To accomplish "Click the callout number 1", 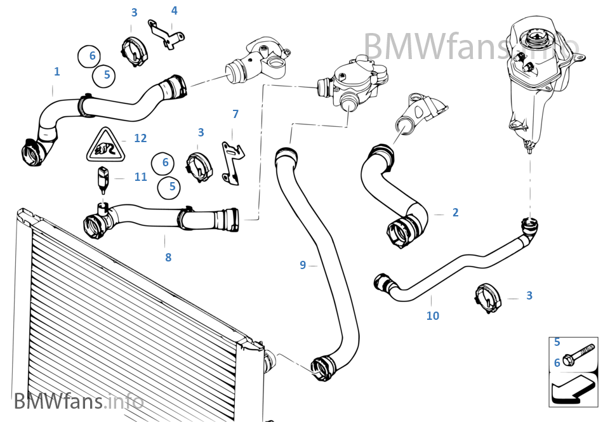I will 56,72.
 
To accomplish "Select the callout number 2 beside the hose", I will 455,213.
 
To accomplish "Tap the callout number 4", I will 174,11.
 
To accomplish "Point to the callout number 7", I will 235,114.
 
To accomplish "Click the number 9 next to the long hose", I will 303,265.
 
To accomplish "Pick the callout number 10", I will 432,315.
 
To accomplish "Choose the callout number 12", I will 140,138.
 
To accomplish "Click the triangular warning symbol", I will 103,146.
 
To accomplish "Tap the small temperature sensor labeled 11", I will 103,178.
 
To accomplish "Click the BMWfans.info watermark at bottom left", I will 78,401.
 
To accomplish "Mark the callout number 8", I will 168,258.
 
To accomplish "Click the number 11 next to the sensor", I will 140,177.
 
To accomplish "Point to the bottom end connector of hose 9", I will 322,368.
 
